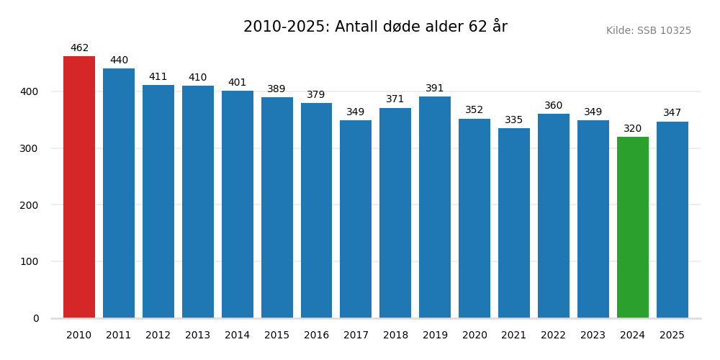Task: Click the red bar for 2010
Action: pos(79,187)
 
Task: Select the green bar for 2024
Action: pos(632,228)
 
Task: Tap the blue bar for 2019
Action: pos(435,207)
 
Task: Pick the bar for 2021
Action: pos(514,223)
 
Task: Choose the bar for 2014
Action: pos(237,204)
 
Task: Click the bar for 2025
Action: pos(672,220)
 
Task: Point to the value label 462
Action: pos(79,48)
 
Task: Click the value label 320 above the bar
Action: pos(632,129)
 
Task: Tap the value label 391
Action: pos(435,89)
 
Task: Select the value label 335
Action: pos(514,120)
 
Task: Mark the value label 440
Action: pos(119,60)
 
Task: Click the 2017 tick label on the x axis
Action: pos(356,336)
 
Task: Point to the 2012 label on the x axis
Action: pos(158,336)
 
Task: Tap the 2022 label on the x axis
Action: pos(554,336)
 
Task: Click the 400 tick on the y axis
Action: pos(30,92)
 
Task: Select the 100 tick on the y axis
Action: pos(30,262)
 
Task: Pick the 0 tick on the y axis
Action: pos(36,319)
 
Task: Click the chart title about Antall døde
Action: pos(375,27)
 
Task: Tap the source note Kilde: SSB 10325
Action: pos(648,31)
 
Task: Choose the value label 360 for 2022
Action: pos(554,106)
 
